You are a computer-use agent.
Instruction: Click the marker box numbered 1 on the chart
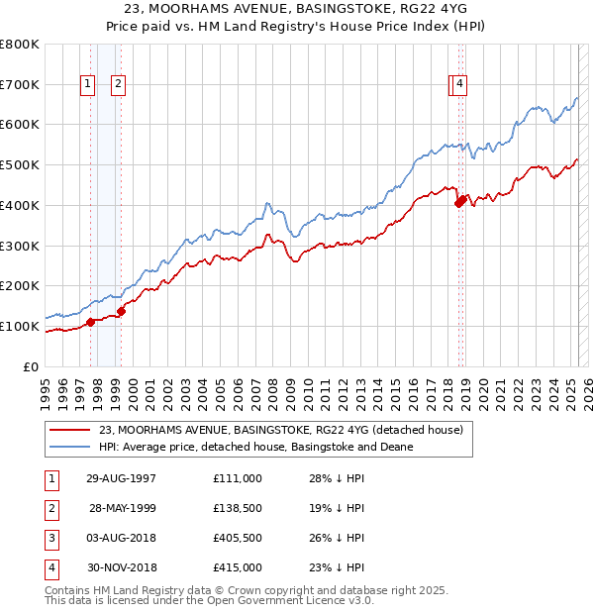point(88,85)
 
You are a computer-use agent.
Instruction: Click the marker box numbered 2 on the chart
point(118,85)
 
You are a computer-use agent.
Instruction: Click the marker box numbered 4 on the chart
point(461,85)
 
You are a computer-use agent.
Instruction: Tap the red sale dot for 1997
point(90,322)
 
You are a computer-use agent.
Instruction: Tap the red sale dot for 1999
point(121,311)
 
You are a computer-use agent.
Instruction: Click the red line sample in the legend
point(70,430)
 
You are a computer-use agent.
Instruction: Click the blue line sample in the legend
point(70,447)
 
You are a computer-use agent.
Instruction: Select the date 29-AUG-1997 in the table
point(121,478)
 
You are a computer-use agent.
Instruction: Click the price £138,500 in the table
point(237,508)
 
